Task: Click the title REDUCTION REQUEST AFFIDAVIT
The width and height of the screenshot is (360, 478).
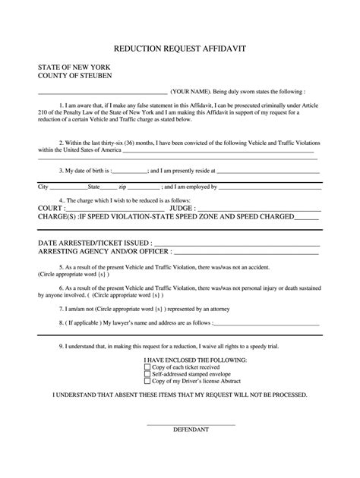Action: [179, 48]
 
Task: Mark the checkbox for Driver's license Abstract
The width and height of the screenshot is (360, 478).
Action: [147, 380]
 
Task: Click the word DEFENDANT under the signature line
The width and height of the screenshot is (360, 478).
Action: [191, 429]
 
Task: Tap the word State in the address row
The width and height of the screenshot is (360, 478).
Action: [94, 187]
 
